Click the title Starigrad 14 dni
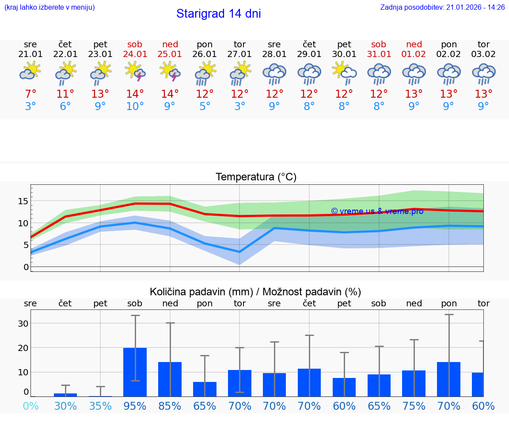218,14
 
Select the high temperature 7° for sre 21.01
30,94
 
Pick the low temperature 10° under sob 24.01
135,107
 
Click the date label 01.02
414,54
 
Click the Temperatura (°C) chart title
256,177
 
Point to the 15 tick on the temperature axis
23,201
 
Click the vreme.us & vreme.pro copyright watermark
377,211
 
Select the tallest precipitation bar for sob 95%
135,372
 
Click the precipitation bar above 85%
170,379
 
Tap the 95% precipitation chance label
135,406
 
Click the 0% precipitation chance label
30,406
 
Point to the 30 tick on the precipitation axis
23,324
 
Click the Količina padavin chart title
255,292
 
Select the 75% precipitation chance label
414,406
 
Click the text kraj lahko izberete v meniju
49,8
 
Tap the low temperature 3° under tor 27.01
239,107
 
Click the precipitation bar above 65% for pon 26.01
205,389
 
